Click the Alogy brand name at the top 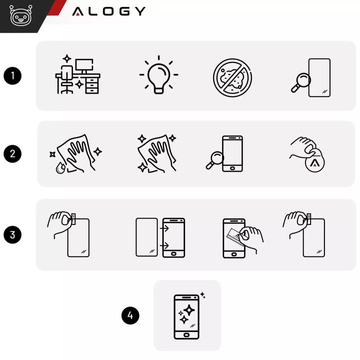(x=109, y=11)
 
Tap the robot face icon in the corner (x=18, y=15)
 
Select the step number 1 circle (x=13, y=76)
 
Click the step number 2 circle (x=13, y=154)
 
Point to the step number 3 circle (x=13, y=235)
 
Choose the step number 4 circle (x=130, y=315)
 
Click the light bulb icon (x=159, y=74)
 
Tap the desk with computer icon (x=78, y=74)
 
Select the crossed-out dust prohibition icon (x=232, y=77)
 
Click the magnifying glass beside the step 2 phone (x=214, y=160)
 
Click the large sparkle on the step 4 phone (x=189, y=310)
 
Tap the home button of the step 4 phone (x=187, y=334)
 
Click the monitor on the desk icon (x=84, y=66)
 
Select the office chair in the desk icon (x=67, y=80)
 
